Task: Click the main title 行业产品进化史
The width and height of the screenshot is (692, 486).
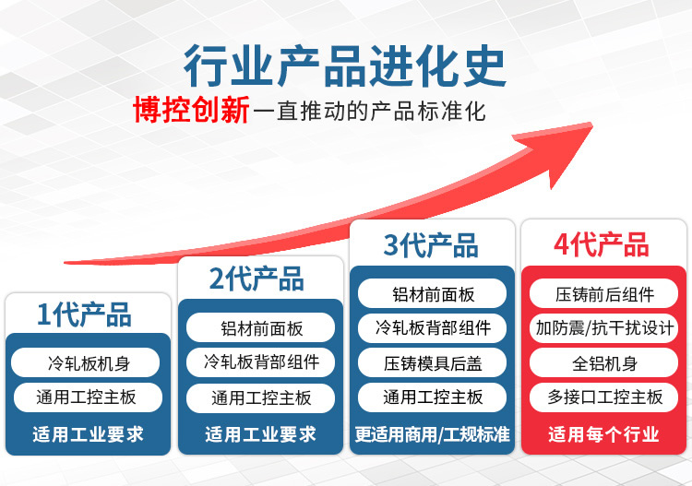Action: tap(345, 65)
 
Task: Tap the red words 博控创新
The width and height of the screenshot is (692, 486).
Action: tap(191, 110)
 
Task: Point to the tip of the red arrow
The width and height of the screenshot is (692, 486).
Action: tap(591, 124)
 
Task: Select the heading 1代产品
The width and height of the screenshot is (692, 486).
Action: tap(84, 314)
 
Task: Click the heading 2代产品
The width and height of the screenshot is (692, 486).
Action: tap(257, 279)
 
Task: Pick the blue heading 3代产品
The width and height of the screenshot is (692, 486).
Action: tap(431, 245)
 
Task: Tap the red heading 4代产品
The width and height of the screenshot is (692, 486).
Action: tap(601, 244)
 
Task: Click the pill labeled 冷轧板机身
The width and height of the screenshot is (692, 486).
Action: tap(86, 362)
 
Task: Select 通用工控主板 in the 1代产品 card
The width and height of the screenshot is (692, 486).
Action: tap(88, 397)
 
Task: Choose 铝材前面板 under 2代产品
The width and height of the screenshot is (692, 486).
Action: tap(260, 327)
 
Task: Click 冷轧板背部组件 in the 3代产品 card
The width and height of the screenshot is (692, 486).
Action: tap(432, 327)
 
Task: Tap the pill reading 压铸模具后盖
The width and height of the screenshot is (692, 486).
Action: tap(432, 362)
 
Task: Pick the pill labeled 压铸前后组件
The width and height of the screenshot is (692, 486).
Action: tap(603, 293)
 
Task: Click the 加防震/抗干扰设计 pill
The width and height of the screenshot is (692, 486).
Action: tap(603, 327)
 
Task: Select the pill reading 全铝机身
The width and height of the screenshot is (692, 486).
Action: tap(603, 362)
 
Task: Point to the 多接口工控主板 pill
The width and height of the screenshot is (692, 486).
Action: tap(603, 397)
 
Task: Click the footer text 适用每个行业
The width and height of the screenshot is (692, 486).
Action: tap(603, 435)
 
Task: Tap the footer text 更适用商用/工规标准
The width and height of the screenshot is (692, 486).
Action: tap(432, 435)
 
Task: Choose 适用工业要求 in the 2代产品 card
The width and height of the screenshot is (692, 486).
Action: tap(260, 435)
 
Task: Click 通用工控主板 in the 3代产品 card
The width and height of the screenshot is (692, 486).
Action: tap(432, 397)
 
